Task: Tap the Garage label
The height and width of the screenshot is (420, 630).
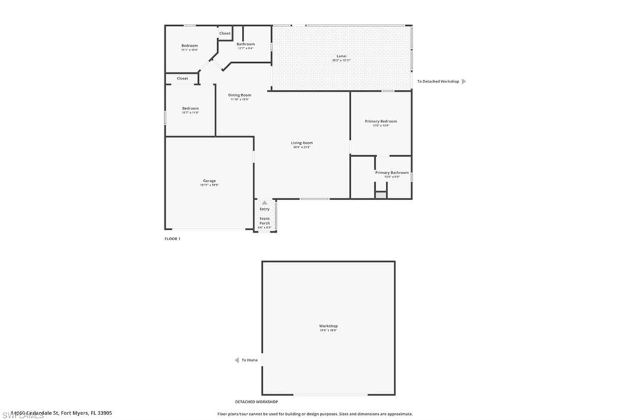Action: point(209,181)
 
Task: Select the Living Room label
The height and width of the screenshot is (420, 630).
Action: point(302,143)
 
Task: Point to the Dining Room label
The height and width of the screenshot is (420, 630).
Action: point(239,95)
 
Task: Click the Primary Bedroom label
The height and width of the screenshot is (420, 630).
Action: point(381,121)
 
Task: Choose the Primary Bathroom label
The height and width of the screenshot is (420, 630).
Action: point(392,173)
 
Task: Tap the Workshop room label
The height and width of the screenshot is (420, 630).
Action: point(328,326)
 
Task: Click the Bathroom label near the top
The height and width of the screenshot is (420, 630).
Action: point(245,44)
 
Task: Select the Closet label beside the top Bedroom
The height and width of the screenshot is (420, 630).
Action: point(225,33)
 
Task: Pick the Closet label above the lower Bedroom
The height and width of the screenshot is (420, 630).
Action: point(183,79)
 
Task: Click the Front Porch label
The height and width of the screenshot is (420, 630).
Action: point(265,221)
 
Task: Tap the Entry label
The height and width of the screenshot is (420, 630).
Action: point(265,209)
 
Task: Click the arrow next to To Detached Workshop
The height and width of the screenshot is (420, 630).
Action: point(464,81)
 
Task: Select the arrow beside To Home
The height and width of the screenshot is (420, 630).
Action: point(236,360)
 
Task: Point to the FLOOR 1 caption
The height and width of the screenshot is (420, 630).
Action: point(172,238)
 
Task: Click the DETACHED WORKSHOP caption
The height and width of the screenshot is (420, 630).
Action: point(257,402)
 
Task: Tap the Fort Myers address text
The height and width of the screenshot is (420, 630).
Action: point(62,414)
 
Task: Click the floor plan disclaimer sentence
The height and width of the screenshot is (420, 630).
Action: point(315,414)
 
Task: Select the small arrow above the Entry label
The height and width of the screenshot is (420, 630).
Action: point(265,203)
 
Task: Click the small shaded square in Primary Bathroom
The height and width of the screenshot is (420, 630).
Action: point(381,195)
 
